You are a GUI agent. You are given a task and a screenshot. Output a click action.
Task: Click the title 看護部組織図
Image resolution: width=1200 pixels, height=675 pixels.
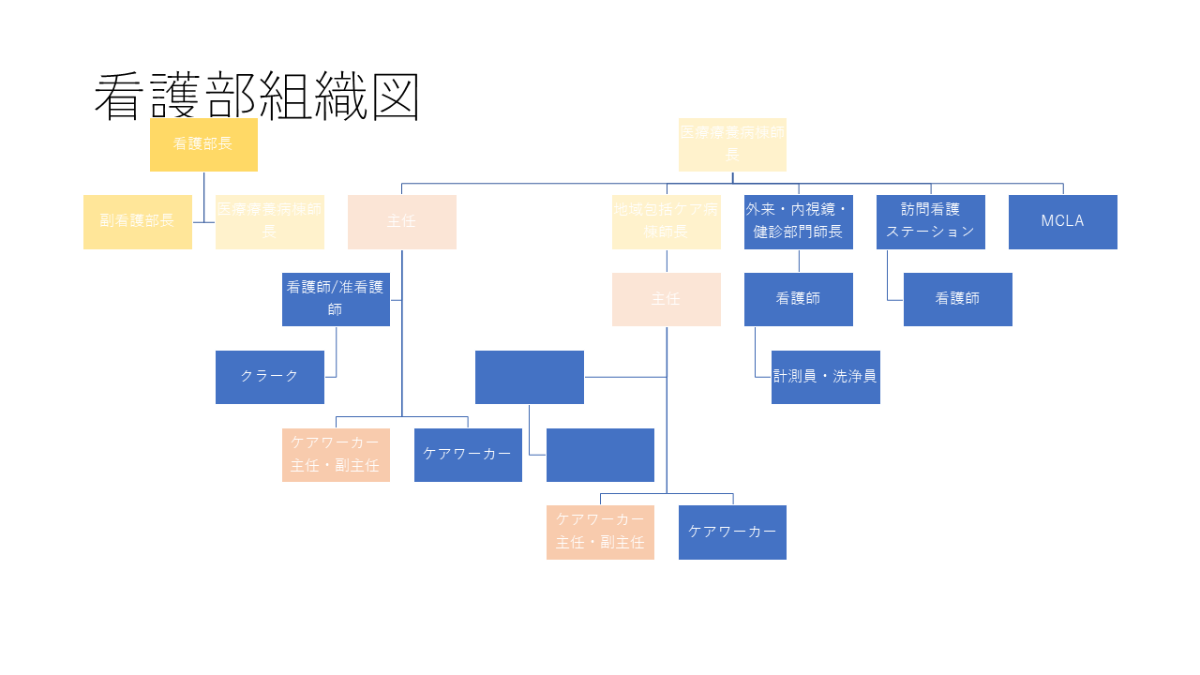(256, 96)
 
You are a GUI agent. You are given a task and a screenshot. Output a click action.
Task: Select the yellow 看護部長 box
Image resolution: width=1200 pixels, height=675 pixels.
(203, 144)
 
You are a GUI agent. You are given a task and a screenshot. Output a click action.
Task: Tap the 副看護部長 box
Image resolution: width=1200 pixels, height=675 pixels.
(137, 221)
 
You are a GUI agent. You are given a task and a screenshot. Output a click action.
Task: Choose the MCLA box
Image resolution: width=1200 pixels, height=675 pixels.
(1062, 221)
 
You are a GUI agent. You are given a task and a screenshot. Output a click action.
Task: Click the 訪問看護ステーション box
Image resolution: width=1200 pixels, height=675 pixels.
(930, 221)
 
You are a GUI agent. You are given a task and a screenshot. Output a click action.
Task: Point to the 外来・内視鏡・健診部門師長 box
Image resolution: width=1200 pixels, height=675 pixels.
(798, 221)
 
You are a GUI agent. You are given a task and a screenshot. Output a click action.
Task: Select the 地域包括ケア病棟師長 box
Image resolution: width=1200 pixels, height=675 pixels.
(666, 221)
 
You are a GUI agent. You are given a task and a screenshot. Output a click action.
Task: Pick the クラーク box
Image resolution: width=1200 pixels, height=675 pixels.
(269, 377)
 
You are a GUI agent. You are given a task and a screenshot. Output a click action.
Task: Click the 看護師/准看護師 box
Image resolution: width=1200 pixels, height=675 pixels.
(336, 299)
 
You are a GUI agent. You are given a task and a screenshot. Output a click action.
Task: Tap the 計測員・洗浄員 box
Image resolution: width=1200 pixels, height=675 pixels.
(825, 377)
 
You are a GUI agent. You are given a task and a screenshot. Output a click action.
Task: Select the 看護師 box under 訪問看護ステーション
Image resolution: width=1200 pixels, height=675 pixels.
(957, 299)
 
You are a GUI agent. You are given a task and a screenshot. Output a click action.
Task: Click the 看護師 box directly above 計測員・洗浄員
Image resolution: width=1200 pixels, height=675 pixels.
(798, 299)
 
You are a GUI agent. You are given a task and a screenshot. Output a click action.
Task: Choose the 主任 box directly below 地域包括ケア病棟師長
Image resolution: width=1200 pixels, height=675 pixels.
(666, 299)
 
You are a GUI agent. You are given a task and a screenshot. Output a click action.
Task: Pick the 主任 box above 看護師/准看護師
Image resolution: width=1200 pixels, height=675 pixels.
(401, 221)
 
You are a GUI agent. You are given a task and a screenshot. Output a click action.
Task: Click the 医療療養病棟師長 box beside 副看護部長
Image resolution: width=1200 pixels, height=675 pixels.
(269, 221)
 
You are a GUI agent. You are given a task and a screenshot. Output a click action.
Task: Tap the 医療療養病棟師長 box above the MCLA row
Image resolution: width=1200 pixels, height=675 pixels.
(732, 144)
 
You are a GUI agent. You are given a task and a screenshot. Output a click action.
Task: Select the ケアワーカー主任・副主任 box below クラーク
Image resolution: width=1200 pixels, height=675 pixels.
(336, 455)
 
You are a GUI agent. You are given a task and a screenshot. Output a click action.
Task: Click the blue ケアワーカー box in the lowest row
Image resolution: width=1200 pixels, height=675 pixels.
(732, 532)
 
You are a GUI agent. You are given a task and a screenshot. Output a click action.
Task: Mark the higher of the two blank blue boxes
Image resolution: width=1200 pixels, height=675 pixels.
(529, 377)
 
